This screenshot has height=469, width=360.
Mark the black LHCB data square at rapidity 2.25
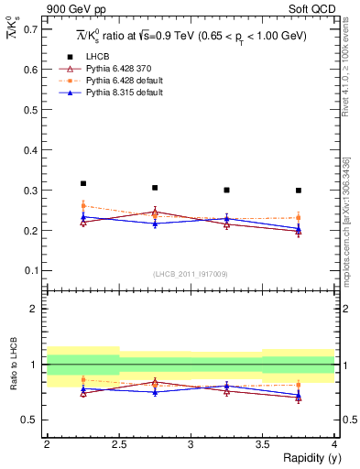(x=82, y=183)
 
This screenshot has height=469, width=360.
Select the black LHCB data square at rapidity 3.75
(x=299, y=191)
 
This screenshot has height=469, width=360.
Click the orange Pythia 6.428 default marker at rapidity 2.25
(x=82, y=206)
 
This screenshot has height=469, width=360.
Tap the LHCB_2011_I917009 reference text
(x=190, y=273)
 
